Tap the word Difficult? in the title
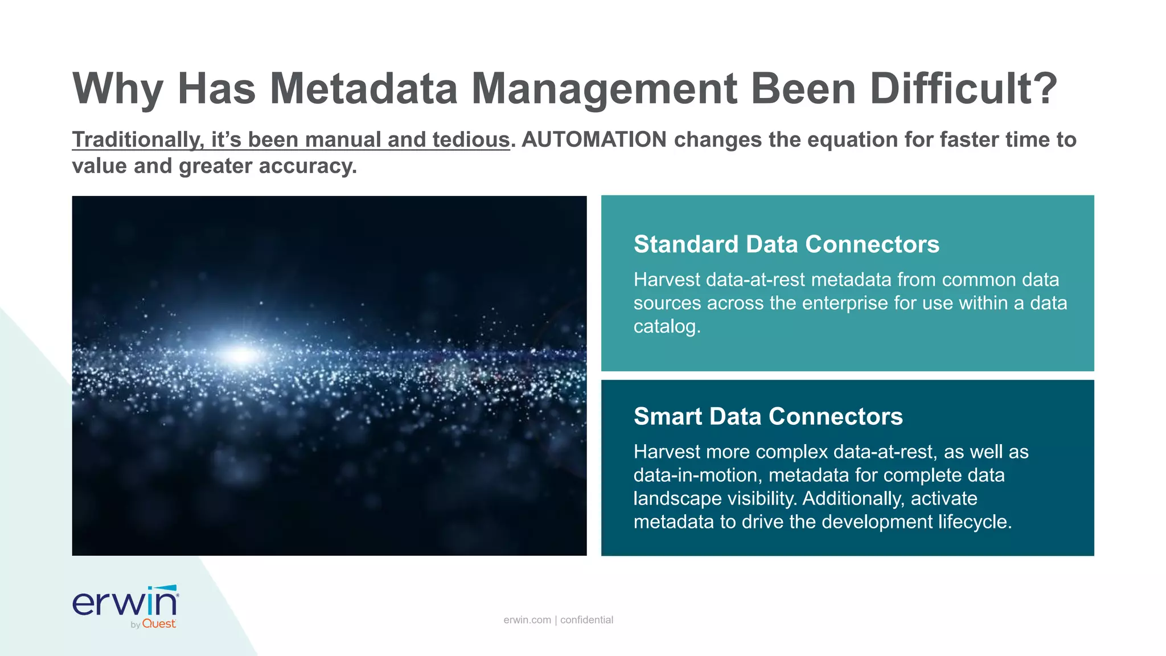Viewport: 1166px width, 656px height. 963,89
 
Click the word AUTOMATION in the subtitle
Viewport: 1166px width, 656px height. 594,140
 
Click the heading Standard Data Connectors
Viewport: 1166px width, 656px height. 786,244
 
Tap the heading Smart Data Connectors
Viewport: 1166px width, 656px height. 768,416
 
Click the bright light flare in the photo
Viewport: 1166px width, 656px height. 242,355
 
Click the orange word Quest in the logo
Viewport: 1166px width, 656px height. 159,624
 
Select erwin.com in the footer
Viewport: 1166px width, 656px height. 527,620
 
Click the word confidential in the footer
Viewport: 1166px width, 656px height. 586,620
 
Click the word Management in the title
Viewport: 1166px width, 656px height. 604,89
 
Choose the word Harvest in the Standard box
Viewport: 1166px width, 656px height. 667,280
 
